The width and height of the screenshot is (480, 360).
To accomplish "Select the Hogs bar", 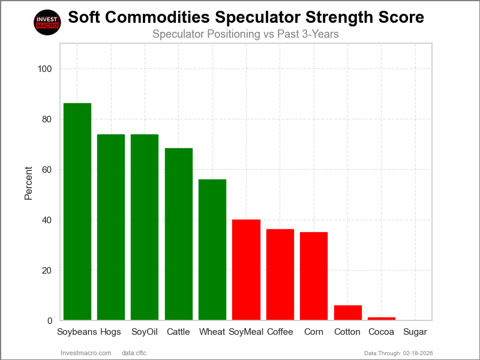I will click(111, 227).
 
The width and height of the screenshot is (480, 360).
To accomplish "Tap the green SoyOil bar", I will click(145, 227).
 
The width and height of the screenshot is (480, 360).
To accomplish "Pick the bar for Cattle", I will click(179, 234).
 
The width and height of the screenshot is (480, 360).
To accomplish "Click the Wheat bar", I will click(212, 250).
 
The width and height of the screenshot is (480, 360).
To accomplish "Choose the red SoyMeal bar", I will click(246, 270).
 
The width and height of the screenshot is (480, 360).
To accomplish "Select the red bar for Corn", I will click(314, 276).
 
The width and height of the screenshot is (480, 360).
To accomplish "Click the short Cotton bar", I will click(348, 313).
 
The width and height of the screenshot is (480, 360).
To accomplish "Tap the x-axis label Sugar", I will click(415, 332).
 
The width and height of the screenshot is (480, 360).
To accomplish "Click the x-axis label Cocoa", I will click(382, 332).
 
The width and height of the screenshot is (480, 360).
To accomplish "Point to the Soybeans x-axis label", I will click(77, 332).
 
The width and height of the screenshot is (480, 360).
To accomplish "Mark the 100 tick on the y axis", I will click(45, 69).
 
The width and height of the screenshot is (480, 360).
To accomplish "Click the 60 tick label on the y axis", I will click(47, 170).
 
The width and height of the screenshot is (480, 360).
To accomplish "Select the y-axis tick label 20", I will click(47, 271).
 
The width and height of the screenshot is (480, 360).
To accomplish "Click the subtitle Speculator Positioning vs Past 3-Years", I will click(245, 34).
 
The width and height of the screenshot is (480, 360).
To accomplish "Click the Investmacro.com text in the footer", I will click(86, 352).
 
